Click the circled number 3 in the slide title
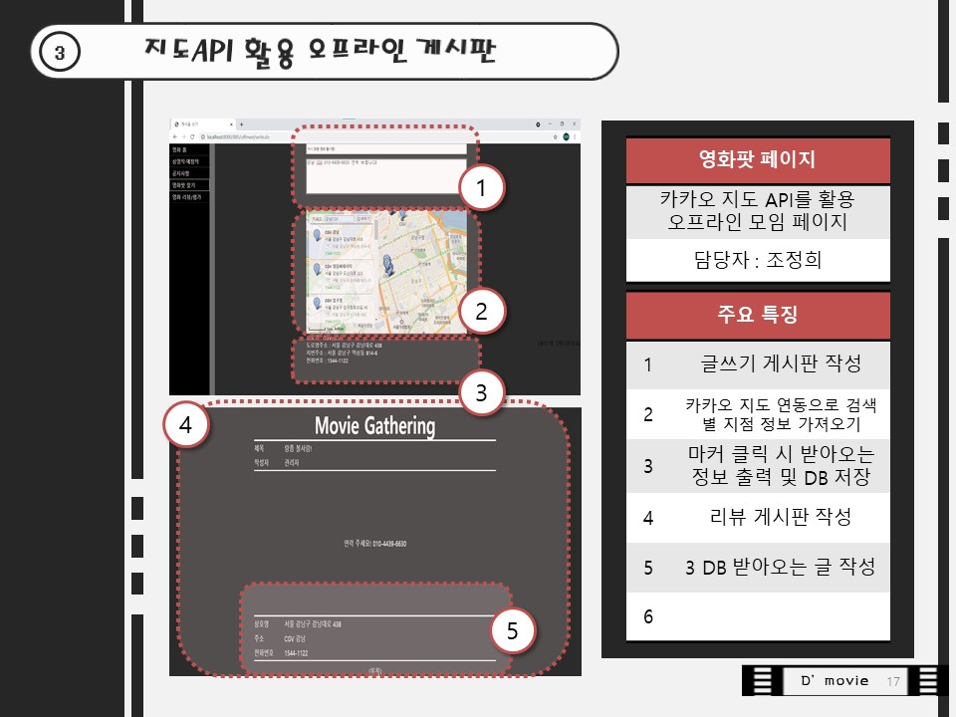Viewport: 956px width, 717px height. tap(60, 53)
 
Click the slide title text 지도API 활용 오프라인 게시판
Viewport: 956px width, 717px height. tap(320, 51)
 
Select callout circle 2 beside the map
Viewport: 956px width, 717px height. tap(482, 311)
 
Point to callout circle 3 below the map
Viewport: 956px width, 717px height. tap(482, 393)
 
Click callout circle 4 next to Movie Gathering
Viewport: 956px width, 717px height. tap(185, 426)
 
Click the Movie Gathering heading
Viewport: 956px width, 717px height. tap(374, 426)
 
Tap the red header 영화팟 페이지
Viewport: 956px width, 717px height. tap(758, 159)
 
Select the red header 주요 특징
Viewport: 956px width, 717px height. tap(758, 316)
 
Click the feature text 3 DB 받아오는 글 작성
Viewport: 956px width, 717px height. tap(780, 568)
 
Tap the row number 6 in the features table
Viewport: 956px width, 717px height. tap(648, 617)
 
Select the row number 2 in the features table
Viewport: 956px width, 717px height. tap(648, 414)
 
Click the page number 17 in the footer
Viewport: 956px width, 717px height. tap(892, 681)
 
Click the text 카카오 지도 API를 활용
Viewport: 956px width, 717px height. tap(758, 198)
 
